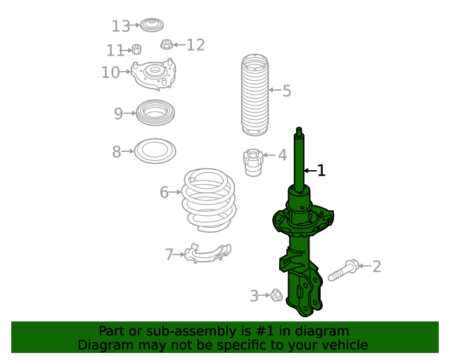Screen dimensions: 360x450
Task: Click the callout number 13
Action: [x=120, y=26]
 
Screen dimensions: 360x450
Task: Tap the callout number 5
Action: [x=286, y=91]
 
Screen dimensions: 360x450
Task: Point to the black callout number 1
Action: [x=321, y=170]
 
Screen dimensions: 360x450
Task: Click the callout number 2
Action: [x=376, y=266]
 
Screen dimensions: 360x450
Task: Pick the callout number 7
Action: [x=169, y=255]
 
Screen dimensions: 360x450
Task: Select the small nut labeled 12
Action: [x=167, y=46]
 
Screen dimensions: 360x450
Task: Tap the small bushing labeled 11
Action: [x=137, y=50]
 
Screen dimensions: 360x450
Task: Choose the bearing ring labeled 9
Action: [x=155, y=113]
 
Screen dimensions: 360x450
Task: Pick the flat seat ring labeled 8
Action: [x=155, y=150]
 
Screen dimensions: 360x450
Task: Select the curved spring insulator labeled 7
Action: [x=207, y=252]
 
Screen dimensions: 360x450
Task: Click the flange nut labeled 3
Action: [x=276, y=296]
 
